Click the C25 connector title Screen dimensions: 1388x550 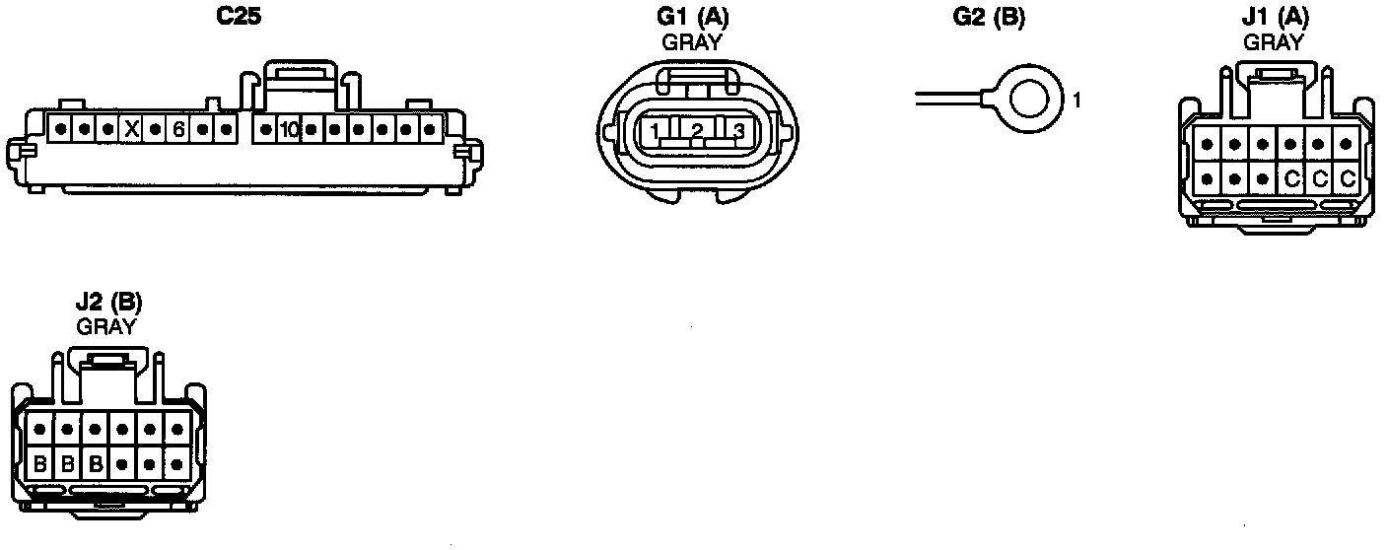(239, 17)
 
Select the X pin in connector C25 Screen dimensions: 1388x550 (131, 129)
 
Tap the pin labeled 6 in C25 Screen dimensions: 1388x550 (178, 129)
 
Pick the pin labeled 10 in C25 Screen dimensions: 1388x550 (289, 129)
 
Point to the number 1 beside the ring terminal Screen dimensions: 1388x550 (1077, 101)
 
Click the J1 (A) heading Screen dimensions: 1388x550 (1273, 17)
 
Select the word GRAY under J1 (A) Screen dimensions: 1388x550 (1273, 41)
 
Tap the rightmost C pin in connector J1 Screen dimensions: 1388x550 (1348, 178)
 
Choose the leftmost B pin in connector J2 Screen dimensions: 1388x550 (40, 462)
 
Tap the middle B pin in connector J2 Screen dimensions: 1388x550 (68, 462)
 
